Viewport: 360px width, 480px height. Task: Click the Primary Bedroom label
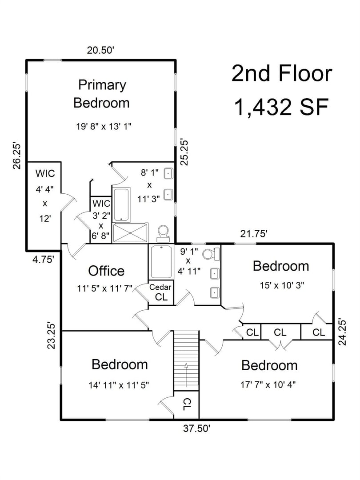(101, 94)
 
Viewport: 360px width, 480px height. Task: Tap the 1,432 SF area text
(281, 107)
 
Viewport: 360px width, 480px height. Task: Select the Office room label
(106, 271)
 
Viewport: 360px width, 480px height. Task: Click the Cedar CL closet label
(160, 292)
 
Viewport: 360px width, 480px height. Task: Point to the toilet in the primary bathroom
(163, 232)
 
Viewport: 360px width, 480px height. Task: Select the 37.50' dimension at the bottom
(196, 428)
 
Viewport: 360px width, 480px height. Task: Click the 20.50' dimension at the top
(101, 50)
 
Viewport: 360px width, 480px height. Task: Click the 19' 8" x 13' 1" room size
(104, 126)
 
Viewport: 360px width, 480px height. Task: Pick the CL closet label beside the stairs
(186, 404)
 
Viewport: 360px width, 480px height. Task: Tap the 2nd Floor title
(281, 74)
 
